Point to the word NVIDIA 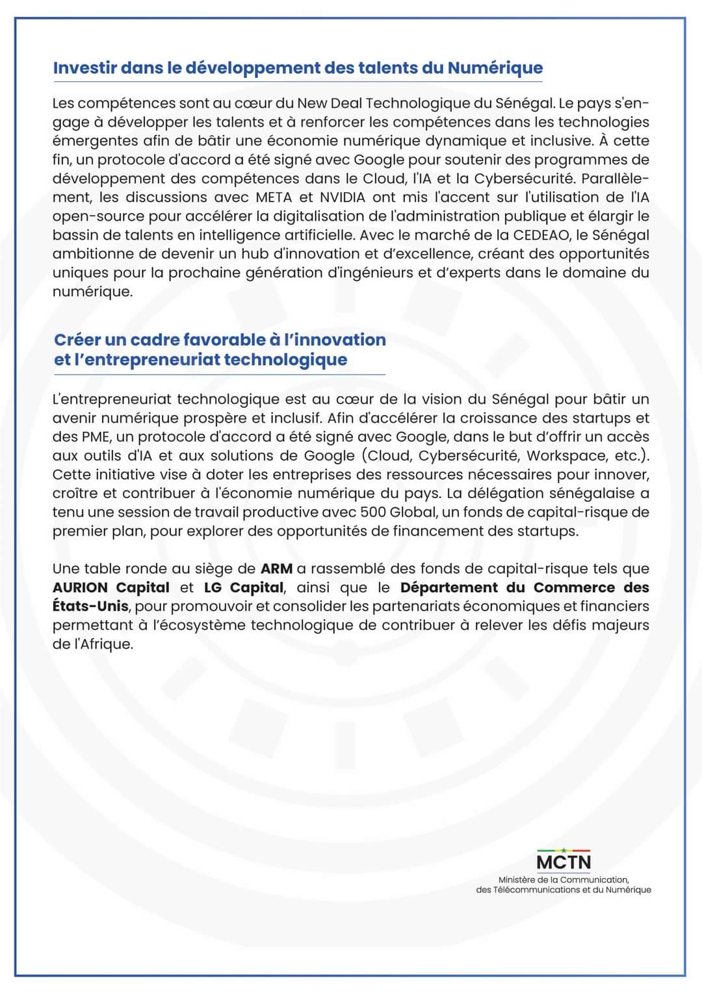tap(343, 197)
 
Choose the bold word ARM tap(276, 569)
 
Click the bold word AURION tap(81, 588)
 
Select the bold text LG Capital tap(244, 588)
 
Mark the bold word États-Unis tap(90, 607)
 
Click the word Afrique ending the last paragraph tap(104, 645)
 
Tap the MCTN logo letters tap(564, 862)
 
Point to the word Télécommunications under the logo tap(534, 890)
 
